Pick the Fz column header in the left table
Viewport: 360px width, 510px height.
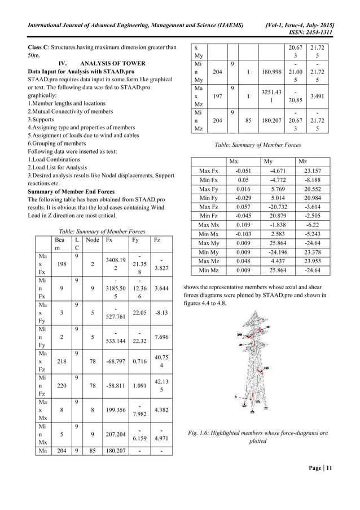[x=156, y=239]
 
